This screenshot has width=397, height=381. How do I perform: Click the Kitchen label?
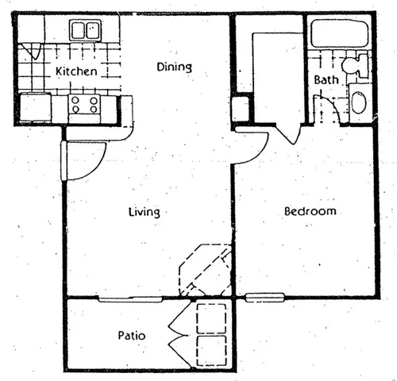tap(76, 71)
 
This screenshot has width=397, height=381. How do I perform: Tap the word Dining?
tap(174, 67)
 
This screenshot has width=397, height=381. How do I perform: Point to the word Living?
tap(145, 212)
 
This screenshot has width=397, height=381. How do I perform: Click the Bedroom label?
tap(310, 212)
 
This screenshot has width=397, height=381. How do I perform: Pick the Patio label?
tap(131, 336)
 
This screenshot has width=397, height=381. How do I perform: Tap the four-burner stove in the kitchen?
tap(83, 104)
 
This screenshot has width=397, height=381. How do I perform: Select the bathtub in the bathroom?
tap(338, 34)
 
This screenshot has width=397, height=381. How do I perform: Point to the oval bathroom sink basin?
tap(359, 104)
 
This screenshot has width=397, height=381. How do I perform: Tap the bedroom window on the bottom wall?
tap(264, 298)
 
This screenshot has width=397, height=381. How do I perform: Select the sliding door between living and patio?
tap(129, 298)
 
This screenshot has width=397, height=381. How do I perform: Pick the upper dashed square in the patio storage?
tap(211, 317)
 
